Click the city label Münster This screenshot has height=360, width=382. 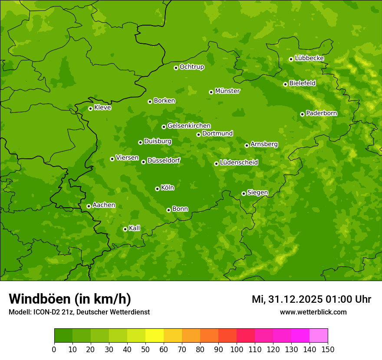coord(227,91)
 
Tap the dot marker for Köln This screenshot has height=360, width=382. coord(157,189)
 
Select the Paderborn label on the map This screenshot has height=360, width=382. coord(321,113)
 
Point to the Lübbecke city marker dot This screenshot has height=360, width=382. coord(291,59)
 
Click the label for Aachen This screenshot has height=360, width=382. coord(104,205)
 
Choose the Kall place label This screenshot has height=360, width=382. coord(135,228)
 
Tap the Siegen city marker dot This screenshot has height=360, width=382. coord(244,193)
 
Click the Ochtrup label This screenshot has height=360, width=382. coord(191,67)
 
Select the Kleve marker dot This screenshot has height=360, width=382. coord(90,108)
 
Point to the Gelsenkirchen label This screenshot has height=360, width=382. coord(189,126)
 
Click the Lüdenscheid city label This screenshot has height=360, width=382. coord(239,163)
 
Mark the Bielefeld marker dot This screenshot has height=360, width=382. coord(285,84)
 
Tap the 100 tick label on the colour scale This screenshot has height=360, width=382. coord(237,349)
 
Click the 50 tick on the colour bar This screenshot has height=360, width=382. coord(145,349)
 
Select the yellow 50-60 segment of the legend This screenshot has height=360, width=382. coord(155,336)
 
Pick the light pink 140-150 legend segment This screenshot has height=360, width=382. coord(319,336)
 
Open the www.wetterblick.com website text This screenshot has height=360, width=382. coord(313,312)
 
